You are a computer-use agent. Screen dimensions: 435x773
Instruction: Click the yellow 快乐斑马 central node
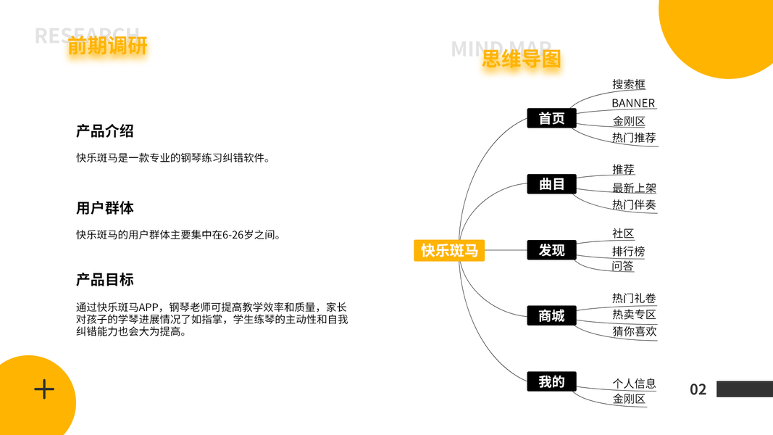tap(449, 250)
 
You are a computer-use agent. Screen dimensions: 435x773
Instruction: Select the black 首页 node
tap(551, 118)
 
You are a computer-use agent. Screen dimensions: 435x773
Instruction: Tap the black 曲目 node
tap(551, 184)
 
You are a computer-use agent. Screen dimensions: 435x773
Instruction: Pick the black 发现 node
tap(551, 250)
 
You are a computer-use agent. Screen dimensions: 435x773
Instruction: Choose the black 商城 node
tap(551, 316)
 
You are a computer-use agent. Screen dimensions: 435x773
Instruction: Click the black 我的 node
tap(551, 381)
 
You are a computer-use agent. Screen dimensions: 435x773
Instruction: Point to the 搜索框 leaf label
tap(628, 84)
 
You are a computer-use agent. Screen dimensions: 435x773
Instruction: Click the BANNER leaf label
tap(632, 103)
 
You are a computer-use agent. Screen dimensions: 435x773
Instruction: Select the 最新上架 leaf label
tap(634, 188)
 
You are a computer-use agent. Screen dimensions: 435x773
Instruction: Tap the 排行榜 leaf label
tap(628, 252)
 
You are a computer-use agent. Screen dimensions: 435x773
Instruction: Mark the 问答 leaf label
tap(622, 266)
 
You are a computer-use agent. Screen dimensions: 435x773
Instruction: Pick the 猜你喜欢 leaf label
tap(634, 331)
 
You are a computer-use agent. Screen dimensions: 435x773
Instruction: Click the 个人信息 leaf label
tap(634, 384)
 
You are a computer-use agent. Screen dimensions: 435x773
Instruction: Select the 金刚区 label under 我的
tap(628, 399)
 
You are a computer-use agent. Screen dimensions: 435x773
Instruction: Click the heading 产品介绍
tap(104, 131)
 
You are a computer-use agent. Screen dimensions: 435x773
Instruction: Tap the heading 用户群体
tap(104, 208)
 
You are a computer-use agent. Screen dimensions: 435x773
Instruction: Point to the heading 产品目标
tap(104, 280)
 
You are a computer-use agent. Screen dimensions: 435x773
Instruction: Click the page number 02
tap(698, 389)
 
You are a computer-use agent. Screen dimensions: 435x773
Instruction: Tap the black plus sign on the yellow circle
tap(44, 389)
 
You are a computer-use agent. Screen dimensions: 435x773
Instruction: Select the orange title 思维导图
tap(522, 59)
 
